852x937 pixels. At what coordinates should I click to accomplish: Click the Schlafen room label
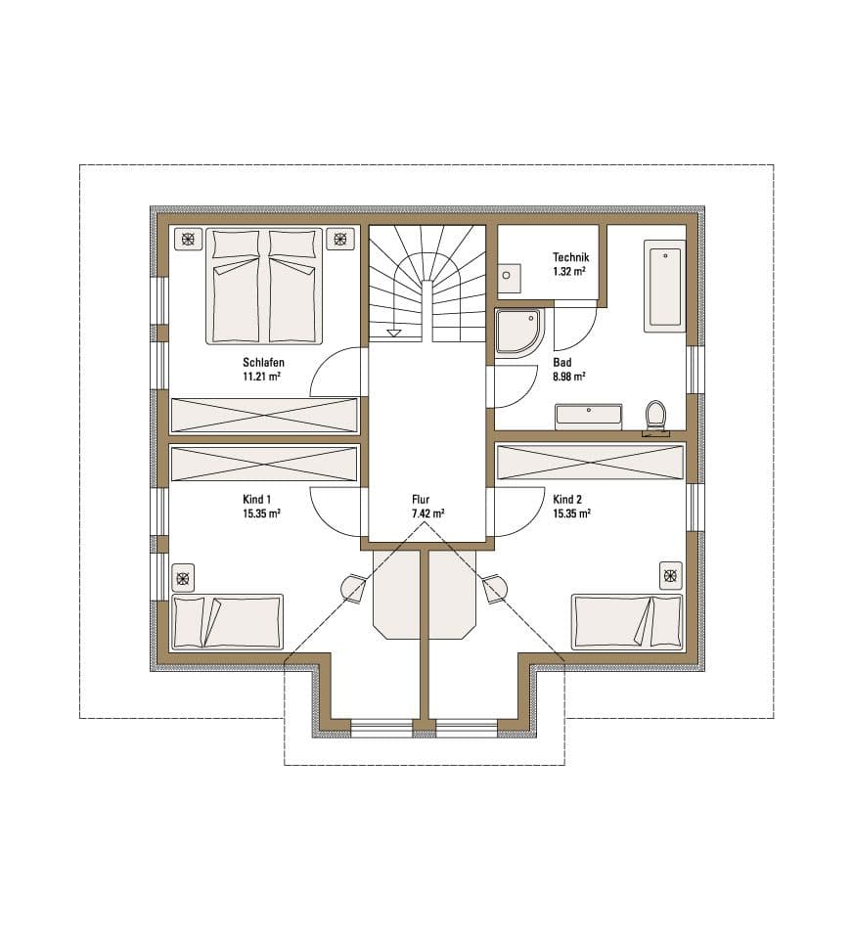point(263,362)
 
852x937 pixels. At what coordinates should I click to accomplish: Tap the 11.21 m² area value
point(263,376)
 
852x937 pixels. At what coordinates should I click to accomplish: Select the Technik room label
point(571,257)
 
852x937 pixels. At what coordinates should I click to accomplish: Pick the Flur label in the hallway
point(422,498)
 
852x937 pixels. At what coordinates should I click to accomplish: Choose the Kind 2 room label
point(568,498)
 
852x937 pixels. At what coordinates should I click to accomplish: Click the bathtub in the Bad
point(665,287)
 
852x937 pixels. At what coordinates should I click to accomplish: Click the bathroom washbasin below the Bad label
point(588,416)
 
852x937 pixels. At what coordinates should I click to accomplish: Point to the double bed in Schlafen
point(264,286)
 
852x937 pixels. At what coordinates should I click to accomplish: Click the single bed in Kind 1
point(227,622)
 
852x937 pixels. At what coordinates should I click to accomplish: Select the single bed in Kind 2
point(627,620)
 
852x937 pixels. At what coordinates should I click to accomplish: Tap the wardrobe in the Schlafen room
point(264,415)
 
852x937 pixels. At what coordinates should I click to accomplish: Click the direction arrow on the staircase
point(394,333)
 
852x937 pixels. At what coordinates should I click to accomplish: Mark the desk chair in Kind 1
point(353,586)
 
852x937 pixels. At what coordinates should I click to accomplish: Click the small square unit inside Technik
point(509,277)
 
